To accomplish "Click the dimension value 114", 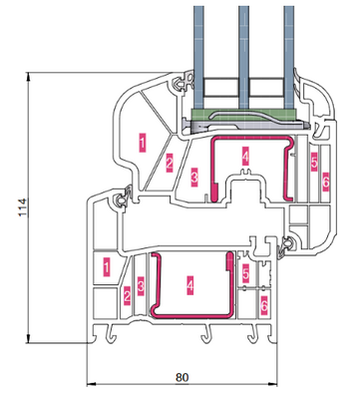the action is tap(22, 207).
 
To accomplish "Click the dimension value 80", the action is tap(182, 377).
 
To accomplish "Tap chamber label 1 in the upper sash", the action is tap(143, 143).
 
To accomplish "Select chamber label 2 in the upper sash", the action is tap(170, 163).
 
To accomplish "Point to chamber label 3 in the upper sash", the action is tap(194, 177).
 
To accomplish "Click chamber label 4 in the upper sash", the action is tap(245, 157).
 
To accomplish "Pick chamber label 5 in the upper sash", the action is tap(314, 162).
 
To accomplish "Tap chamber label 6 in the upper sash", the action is tap(325, 182).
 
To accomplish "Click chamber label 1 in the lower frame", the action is tap(107, 266).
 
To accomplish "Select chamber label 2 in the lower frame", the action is tap(127, 296).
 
